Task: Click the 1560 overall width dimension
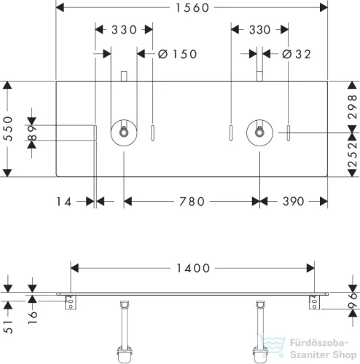192,8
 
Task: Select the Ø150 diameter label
177,54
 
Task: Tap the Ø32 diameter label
297,54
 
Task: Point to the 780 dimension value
192,202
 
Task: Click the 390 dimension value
294,202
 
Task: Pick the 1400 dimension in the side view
193,269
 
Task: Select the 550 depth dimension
8,129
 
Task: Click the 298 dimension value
353,107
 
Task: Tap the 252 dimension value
353,155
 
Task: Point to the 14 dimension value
64,202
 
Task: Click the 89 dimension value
32,133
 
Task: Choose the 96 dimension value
353,301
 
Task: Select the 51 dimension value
8,327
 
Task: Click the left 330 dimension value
124,30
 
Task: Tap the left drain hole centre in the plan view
124,132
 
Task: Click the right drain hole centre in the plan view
259,132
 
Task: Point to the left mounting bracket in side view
71,302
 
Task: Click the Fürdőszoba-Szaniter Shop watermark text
323,349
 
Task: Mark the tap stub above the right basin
259,76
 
